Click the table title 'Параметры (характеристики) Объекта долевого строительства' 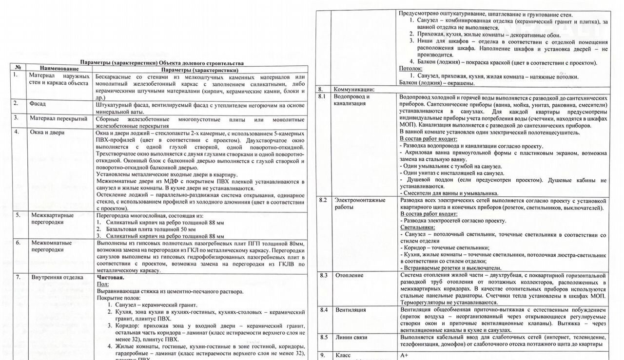click(162, 63)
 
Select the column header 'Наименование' click(59, 70)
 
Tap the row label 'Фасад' click(38, 103)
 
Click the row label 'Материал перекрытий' click(58, 118)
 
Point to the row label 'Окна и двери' click(47, 132)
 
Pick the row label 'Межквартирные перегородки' click(52, 218)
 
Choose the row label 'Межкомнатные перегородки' click(51, 246)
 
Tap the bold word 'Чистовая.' click(111, 277)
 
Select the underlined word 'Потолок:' click(411, 69)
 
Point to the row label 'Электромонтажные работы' click(360, 204)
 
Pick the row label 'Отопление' click(349, 275)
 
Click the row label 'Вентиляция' click(351, 310)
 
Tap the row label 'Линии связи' click(351, 337)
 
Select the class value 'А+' click(404, 355)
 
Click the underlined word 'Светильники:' click(417, 227)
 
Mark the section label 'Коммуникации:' click(353, 90)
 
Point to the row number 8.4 click(323, 310)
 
